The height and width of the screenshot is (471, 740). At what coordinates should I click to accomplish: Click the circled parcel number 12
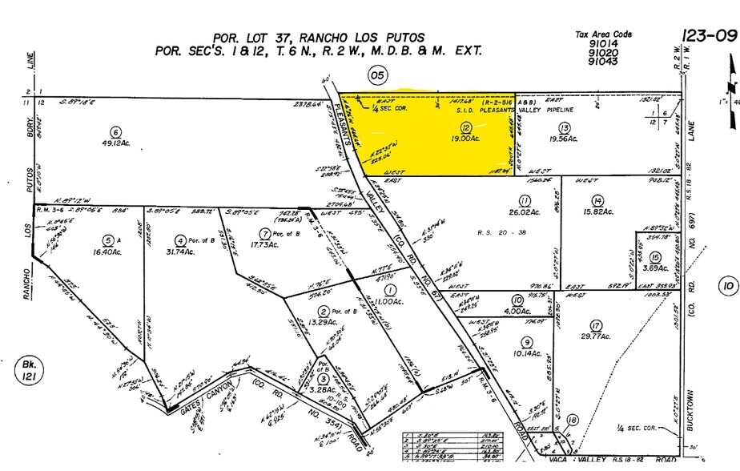pyautogui.click(x=466, y=127)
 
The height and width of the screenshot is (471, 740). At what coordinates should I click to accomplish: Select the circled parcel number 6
pyautogui.click(x=116, y=133)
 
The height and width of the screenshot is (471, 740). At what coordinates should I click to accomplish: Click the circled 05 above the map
pyautogui.click(x=376, y=75)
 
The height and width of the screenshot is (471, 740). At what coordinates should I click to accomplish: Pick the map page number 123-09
pyautogui.click(x=707, y=35)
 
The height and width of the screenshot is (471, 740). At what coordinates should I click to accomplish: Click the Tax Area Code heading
pyautogui.click(x=604, y=34)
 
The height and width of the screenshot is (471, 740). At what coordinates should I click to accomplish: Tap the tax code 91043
pyautogui.click(x=602, y=61)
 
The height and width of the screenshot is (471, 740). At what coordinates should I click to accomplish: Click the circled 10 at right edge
pyautogui.click(x=727, y=285)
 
